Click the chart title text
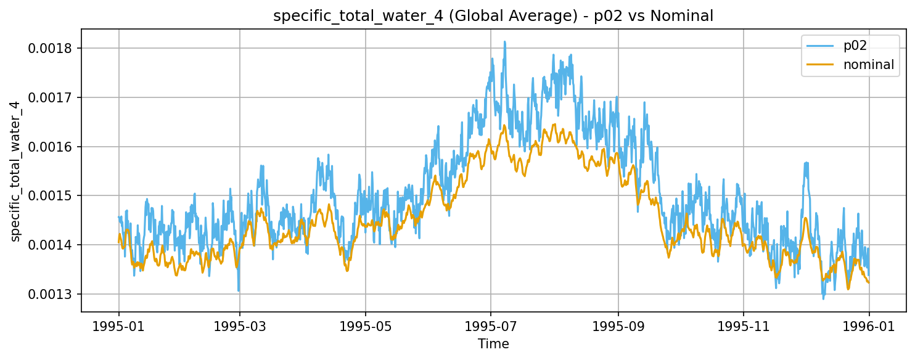pyautogui.click(x=493, y=17)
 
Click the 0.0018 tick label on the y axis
pyautogui.click(x=52, y=48)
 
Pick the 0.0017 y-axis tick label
pyautogui.click(x=52, y=97)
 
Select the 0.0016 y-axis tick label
pyautogui.click(x=52, y=147)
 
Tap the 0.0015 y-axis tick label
pyautogui.click(x=52, y=196)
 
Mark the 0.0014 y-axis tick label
pyautogui.click(x=52, y=245)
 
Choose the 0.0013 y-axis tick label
pyautogui.click(x=52, y=294)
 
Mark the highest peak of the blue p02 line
pyautogui.click(x=504, y=42)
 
